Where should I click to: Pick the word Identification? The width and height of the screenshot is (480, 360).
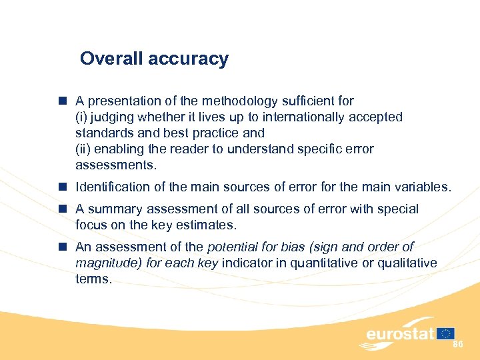[x=113, y=188]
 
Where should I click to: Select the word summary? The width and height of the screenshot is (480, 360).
[x=110, y=209]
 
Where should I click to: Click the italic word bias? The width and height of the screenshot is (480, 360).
[x=288, y=247]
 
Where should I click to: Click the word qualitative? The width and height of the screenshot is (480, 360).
[x=406, y=263]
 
